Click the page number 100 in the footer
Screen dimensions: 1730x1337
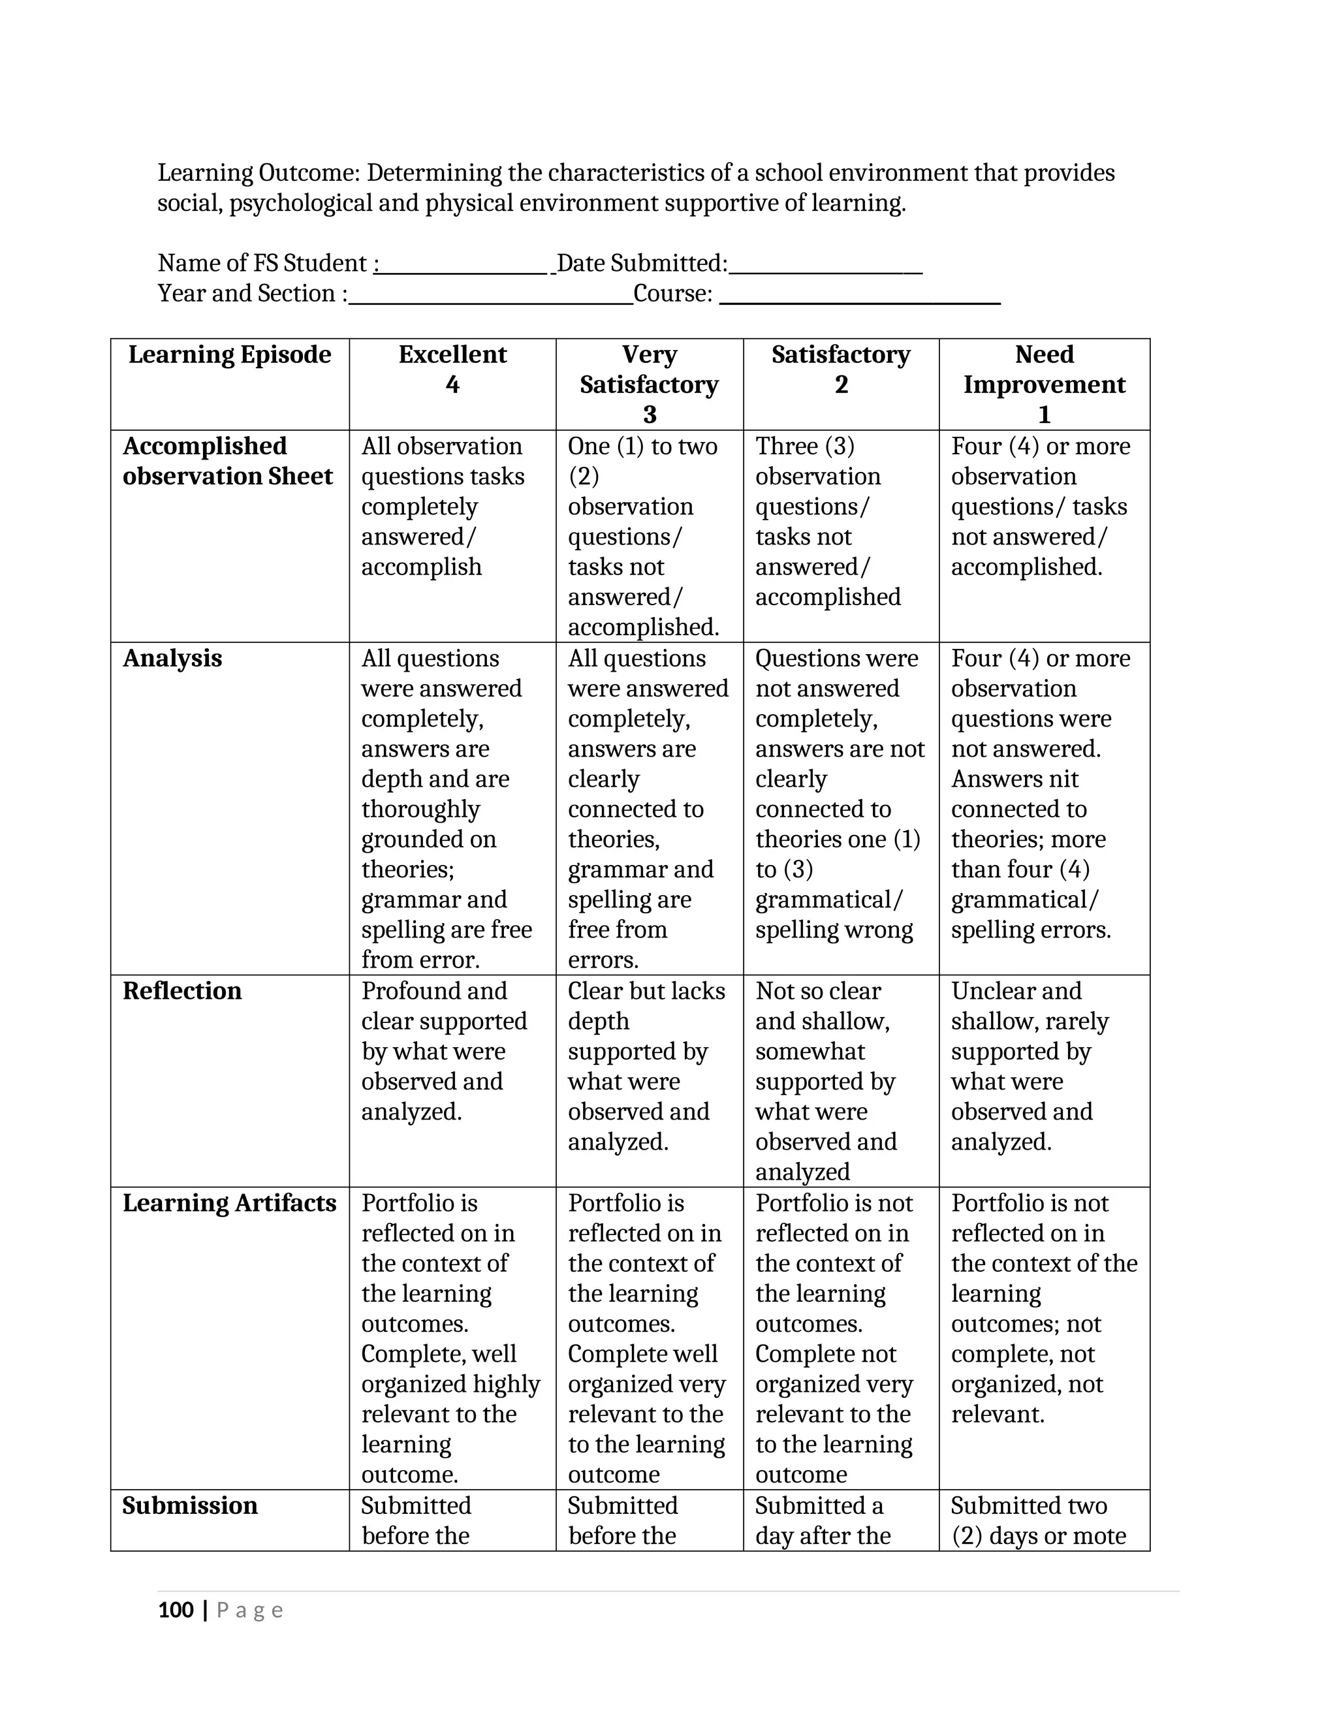coord(176,1611)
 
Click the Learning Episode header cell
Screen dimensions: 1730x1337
coord(230,355)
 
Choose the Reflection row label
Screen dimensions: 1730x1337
coord(182,992)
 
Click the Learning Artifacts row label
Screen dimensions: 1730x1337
coord(230,1204)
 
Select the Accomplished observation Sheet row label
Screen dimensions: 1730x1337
coord(227,462)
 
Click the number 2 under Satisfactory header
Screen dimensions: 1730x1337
coord(841,385)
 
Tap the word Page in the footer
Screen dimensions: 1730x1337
coord(249,1611)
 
